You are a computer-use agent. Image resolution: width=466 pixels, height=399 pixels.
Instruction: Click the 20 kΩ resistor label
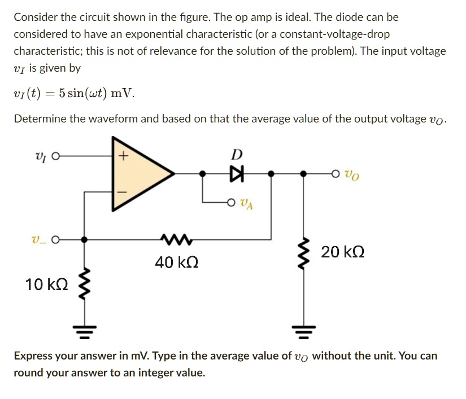coord(342,252)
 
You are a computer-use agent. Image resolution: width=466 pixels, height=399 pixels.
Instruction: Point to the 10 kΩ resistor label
coord(47,284)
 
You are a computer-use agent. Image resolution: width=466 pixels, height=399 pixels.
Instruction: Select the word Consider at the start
coord(37,17)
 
